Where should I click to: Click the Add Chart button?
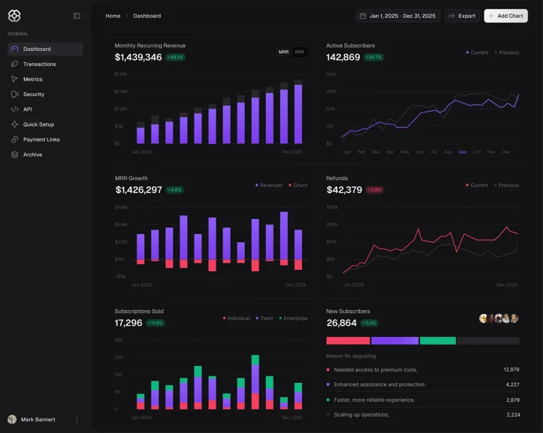tap(506, 16)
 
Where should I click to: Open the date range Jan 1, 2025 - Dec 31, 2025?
tap(399, 16)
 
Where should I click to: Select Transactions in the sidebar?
tap(39, 64)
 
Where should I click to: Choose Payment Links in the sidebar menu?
tap(41, 139)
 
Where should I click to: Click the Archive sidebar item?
tap(33, 155)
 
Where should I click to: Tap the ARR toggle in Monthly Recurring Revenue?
tap(299, 52)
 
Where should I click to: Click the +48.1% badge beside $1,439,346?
tap(175, 57)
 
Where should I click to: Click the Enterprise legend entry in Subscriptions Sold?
tap(294, 318)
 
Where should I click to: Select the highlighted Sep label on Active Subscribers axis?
tap(462, 152)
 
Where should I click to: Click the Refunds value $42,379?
tap(344, 190)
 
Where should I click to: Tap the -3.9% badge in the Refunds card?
tap(375, 190)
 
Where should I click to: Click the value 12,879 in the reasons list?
tap(511, 369)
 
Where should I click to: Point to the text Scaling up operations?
tap(363, 415)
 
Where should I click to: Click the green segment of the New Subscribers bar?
tap(438, 340)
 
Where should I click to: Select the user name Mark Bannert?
tap(38, 420)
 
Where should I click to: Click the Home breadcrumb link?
tap(112, 16)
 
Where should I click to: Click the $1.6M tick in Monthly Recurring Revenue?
tap(120, 74)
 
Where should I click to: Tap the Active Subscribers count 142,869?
tap(343, 57)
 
